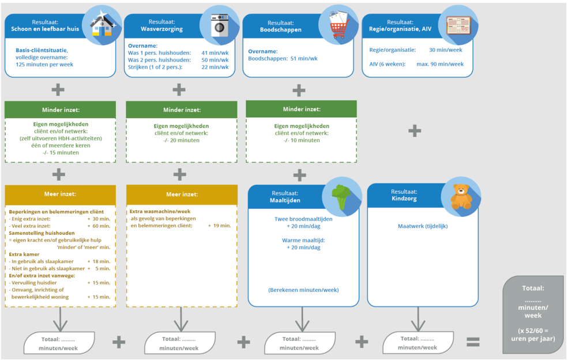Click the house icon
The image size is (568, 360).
(101, 27)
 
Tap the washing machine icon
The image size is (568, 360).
(220, 26)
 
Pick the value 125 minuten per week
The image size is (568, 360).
(44, 65)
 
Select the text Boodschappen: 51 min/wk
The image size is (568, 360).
(283, 58)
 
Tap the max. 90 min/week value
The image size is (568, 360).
(440, 64)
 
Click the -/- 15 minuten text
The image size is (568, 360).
(61, 152)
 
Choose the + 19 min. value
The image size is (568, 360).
(219, 226)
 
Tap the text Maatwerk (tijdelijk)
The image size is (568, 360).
(423, 226)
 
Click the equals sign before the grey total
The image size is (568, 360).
(473, 342)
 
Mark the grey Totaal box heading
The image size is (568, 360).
(533, 288)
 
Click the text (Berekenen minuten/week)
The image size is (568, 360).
(303, 290)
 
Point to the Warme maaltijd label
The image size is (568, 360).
(303, 240)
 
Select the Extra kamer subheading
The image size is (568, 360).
(24, 254)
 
